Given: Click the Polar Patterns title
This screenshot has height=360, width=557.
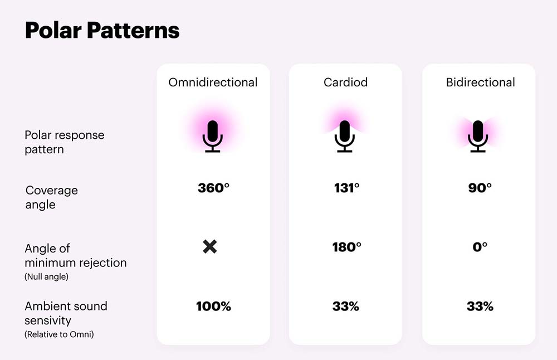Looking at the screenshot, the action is (x=102, y=31).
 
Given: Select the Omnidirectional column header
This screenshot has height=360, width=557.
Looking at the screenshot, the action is (x=213, y=82).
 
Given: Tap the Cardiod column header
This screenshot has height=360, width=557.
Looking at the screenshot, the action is (x=345, y=82).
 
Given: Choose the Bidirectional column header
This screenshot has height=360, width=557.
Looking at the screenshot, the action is (x=480, y=82).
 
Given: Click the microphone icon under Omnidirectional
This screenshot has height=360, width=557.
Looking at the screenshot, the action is (x=212, y=136).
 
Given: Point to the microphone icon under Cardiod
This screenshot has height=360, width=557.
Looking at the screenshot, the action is (x=345, y=136).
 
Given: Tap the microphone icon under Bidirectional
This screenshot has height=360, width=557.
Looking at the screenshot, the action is (x=478, y=136).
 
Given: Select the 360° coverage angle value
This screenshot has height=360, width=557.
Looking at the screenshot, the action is (x=213, y=188).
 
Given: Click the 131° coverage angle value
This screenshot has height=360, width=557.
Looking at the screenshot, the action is (x=346, y=188).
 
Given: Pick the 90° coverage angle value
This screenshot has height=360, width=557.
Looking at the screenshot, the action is (x=480, y=188).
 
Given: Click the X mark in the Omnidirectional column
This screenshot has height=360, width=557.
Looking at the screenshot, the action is (x=210, y=247).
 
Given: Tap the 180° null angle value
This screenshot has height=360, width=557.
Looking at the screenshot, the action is (x=346, y=247).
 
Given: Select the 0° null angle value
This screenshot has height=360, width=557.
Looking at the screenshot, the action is (x=480, y=247).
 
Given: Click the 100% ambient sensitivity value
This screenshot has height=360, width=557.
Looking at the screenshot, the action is (x=213, y=307).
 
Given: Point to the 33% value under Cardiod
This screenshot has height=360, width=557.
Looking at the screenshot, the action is (x=346, y=307).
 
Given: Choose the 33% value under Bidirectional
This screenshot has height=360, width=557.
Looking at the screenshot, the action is (x=480, y=307).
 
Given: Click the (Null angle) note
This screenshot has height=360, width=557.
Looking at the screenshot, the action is (x=47, y=277).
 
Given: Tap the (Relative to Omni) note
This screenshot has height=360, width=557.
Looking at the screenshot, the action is (x=60, y=334).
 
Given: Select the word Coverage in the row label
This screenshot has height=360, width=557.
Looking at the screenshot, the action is (x=52, y=191).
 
